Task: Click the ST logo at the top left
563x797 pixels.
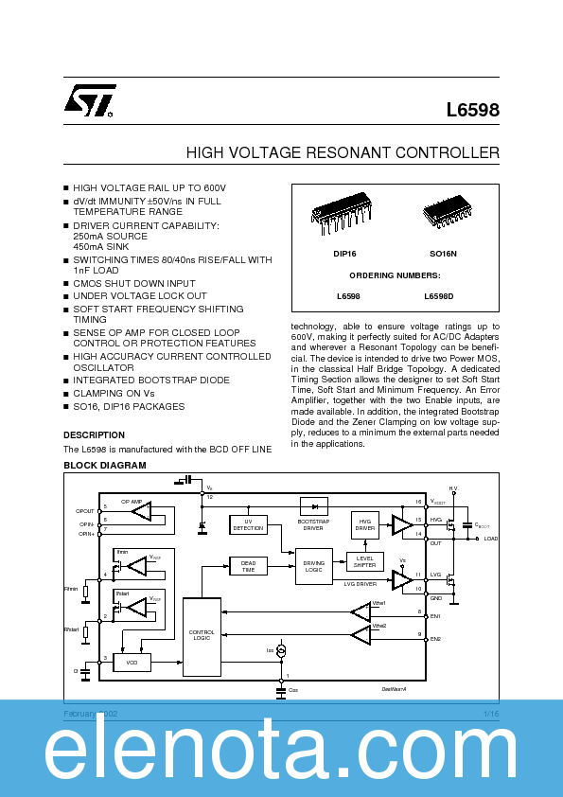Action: pos(91,99)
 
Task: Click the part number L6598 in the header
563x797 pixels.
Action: pos(472,110)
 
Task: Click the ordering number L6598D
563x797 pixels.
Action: pos(440,296)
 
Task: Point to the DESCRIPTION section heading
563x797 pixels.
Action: pos(94,435)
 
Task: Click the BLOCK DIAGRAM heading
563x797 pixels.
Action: pos(104,466)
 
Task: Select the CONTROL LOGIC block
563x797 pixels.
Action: pos(202,635)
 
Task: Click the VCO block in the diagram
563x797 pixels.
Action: pos(132,663)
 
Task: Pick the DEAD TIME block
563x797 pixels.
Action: pos(249,566)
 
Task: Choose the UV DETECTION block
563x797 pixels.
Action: pos(249,524)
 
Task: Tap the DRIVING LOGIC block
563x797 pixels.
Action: pos(314,566)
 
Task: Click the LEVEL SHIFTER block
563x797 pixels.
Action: pos(364,560)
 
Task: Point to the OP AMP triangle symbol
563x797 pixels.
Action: pos(143,512)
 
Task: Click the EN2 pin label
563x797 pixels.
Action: pos(436,639)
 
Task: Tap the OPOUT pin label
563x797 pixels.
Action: pos(85,511)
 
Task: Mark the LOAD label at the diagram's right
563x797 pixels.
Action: pos(491,539)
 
